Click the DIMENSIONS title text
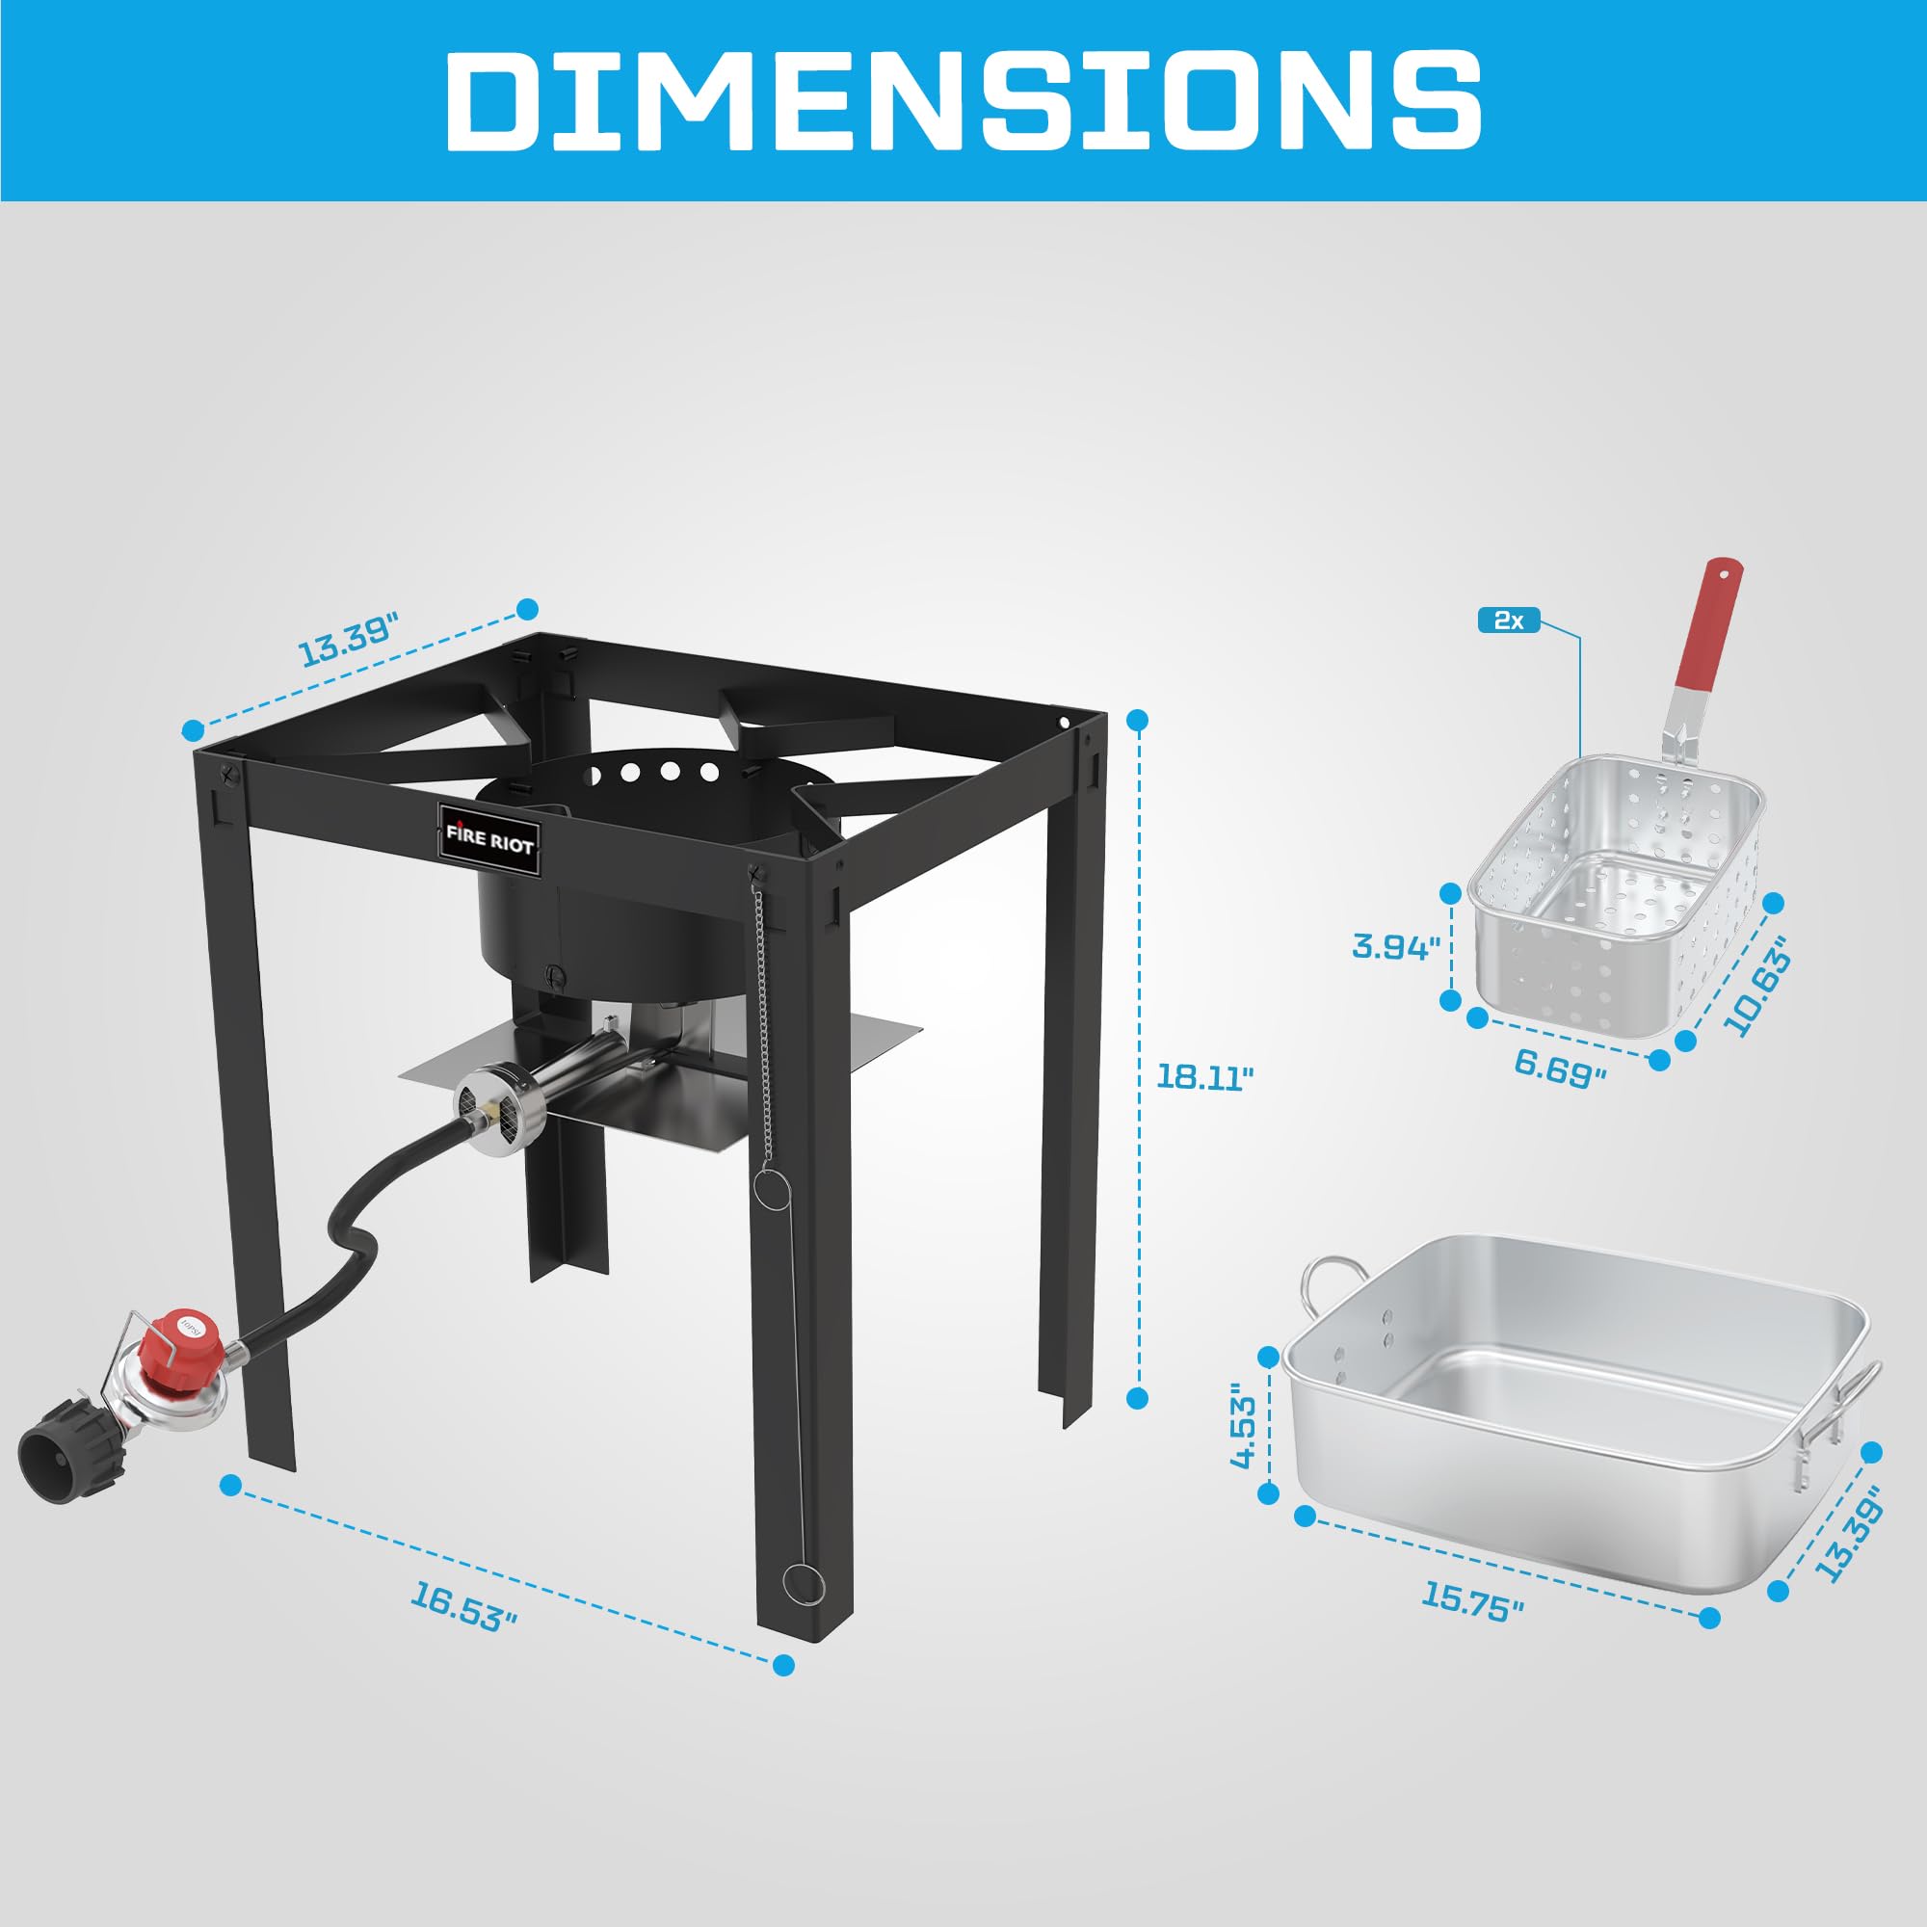963,100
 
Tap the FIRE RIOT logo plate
488,838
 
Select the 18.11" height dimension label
1203,1077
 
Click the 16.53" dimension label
463,1607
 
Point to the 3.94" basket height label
1395,945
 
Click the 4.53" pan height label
1244,1425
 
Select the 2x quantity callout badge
1508,620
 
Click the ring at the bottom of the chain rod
803,1583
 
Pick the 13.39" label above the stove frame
348,640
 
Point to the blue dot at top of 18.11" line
1137,720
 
